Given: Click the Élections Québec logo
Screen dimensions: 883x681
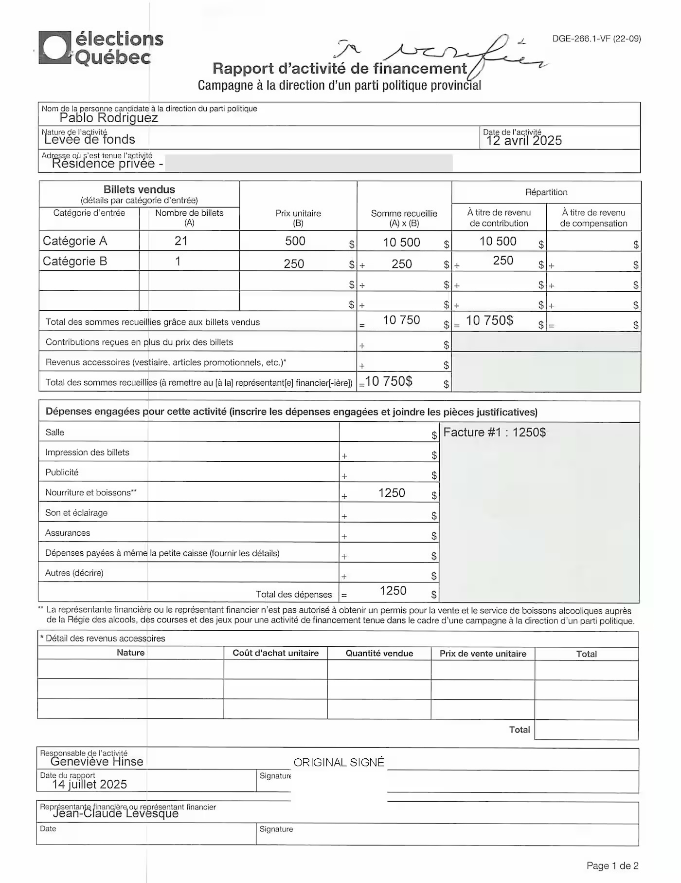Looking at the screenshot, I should pos(101,48).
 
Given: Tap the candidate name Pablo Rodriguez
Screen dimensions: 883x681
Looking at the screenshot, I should pos(108,118).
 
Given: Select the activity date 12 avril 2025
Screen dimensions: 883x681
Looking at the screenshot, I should pos(524,141).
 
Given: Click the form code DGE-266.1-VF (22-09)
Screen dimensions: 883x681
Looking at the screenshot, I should pos(596,39).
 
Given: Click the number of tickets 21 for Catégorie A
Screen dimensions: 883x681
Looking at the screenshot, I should pos(181,241).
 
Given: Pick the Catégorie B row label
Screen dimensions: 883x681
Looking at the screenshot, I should pos(75,261).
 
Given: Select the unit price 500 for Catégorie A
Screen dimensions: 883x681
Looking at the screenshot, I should pos(295,241).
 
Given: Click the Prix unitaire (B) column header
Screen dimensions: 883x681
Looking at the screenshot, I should pos(298,218).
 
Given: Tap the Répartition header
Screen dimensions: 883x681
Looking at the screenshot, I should pos(546,192).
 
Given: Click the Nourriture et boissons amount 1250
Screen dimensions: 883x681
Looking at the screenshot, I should pos(392,493).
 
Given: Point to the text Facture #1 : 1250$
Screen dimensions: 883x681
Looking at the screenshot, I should pos(495,432).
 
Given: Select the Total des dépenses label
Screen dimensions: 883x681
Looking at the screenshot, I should pos(294,594).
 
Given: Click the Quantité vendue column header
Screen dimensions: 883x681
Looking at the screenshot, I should pos(379,654).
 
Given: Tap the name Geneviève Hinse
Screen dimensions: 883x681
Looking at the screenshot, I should pos(97,762).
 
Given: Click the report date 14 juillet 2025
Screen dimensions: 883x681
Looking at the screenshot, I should pos(90,784).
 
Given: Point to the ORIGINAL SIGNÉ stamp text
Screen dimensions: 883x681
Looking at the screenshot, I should pos(339,762).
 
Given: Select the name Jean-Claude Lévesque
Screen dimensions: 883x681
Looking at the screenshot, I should pos(116,813).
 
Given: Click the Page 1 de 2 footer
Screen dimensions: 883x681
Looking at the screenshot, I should pos(612,865).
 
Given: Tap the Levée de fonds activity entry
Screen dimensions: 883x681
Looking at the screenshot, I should pos(90,139).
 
